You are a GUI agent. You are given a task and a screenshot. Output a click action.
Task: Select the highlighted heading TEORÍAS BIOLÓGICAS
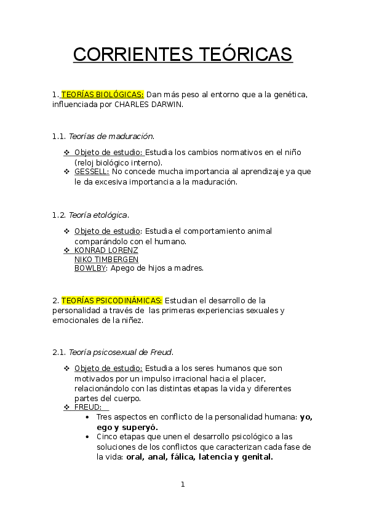(x=102, y=95)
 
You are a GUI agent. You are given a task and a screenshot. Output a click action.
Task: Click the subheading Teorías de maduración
(x=111, y=136)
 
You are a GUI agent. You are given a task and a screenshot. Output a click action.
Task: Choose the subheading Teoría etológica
(x=98, y=215)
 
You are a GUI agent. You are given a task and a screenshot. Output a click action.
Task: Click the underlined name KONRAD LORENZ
(x=106, y=250)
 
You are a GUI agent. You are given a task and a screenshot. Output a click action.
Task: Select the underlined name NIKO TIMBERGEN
(x=106, y=260)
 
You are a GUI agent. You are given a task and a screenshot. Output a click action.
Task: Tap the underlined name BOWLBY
(x=90, y=268)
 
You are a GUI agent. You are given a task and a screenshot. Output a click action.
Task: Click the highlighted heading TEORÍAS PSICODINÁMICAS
(x=112, y=301)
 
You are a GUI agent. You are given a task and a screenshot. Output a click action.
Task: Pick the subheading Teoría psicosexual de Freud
(x=121, y=352)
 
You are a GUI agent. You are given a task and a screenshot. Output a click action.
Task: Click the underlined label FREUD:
(x=88, y=407)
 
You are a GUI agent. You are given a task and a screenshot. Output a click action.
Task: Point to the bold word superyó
(x=140, y=428)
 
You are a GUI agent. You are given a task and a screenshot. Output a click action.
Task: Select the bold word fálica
(x=183, y=457)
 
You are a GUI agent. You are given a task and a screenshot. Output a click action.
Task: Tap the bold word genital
(x=257, y=457)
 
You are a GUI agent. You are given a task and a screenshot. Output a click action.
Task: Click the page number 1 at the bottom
(x=183, y=484)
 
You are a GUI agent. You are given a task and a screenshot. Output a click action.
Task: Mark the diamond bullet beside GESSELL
(x=66, y=172)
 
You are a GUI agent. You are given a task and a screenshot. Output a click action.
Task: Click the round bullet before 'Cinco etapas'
(x=87, y=437)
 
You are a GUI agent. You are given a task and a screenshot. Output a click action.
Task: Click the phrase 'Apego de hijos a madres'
(x=157, y=268)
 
